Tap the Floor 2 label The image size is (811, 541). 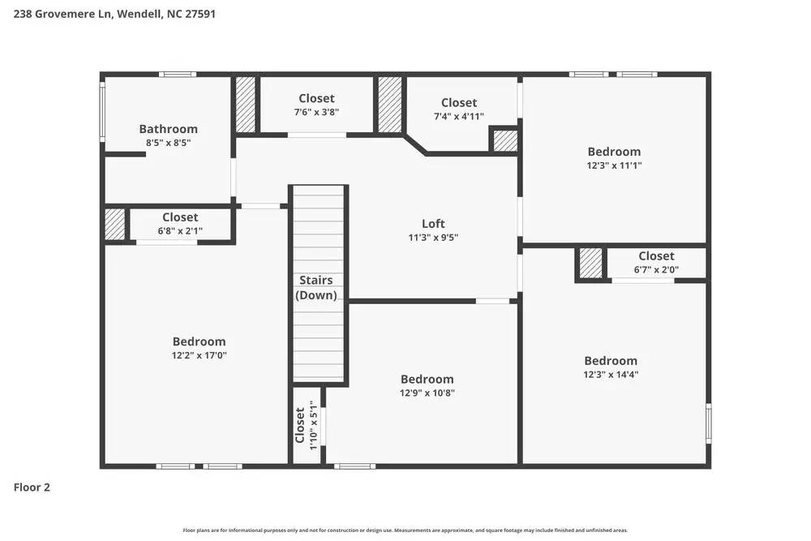coord(32,487)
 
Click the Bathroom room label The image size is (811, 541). coord(168,129)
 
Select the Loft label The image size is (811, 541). coord(433,224)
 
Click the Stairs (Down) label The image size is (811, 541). coord(315,288)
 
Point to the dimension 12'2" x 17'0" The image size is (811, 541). coord(199,355)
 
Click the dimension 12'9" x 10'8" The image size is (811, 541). coord(427,393)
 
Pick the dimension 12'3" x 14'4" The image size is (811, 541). coord(611,375)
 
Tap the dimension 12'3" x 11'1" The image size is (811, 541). coord(614,165)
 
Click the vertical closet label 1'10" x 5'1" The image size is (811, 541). coord(307,423)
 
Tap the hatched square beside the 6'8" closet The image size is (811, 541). coord(115,225)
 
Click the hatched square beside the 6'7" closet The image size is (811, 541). coord(590,264)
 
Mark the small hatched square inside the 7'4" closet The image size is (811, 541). coord(505,140)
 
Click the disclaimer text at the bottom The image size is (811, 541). coord(405,530)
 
